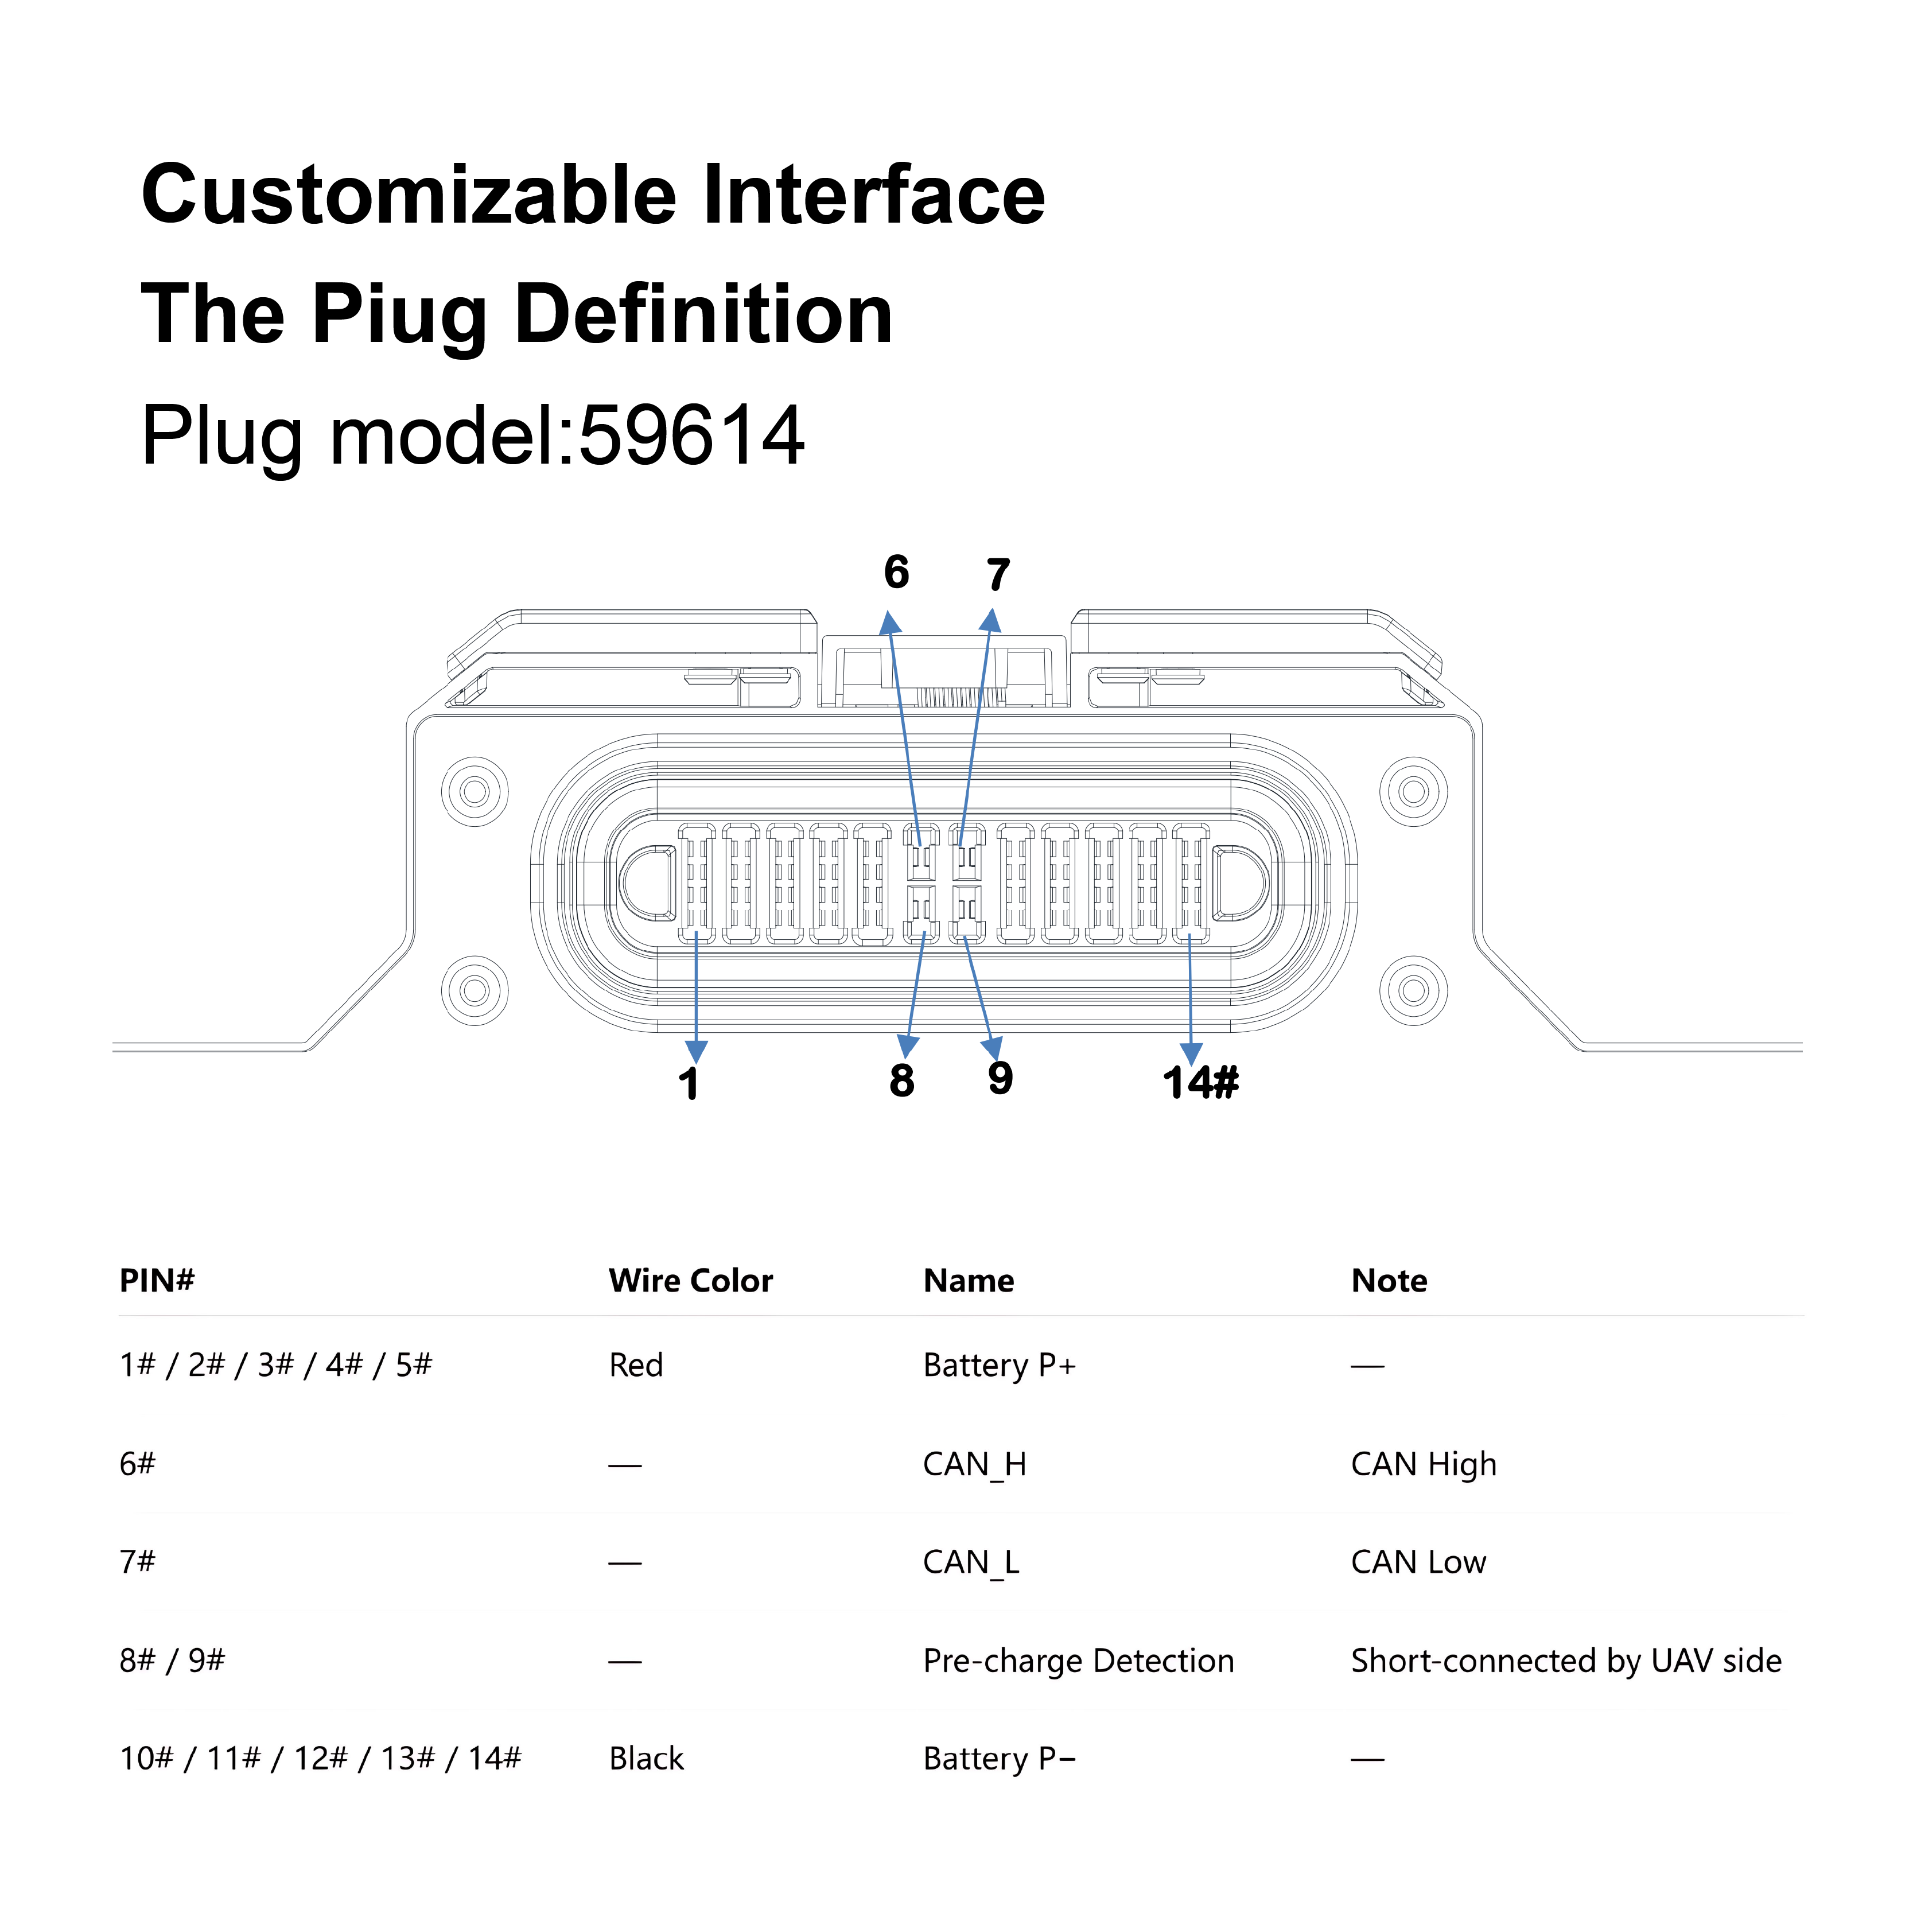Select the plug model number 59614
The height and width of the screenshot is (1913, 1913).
tap(691, 436)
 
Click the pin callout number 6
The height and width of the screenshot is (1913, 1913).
tap(896, 572)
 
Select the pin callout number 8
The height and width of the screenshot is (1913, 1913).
tap(901, 1080)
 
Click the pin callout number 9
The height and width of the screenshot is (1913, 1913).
tap(1000, 1078)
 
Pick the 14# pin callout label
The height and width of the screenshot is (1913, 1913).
tap(1200, 1082)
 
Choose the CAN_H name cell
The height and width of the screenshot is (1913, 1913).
tap(974, 1464)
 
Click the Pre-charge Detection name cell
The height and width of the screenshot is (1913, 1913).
tap(1078, 1661)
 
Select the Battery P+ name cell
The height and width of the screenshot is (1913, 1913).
tap(999, 1366)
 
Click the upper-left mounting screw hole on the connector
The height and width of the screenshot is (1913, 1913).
tap(475, 792)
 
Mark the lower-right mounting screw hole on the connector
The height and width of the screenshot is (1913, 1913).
tap(1413, 990)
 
